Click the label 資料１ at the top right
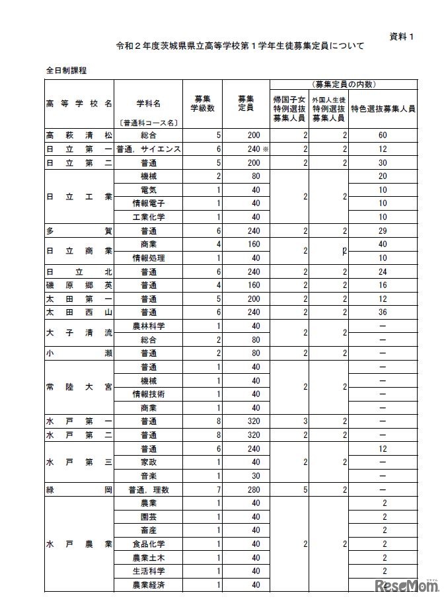(x=402, y=37)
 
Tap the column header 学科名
(x=148, y=104)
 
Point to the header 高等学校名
(x=79, y=104)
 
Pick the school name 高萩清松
(x=79, y=135)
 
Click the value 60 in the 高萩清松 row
(x=383, y=135)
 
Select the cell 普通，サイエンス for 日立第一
(x=148, y=149)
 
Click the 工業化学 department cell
(x=148, y=217)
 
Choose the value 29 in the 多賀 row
(x=383, y=230)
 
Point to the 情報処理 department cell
(x=148, y=258)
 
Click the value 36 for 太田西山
(x=383, y=312)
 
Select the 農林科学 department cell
(x=148, y=326)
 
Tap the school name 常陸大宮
(x=79, y=386)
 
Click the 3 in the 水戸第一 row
(x=305, y=420)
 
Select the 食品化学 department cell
(x=148, y=544)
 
